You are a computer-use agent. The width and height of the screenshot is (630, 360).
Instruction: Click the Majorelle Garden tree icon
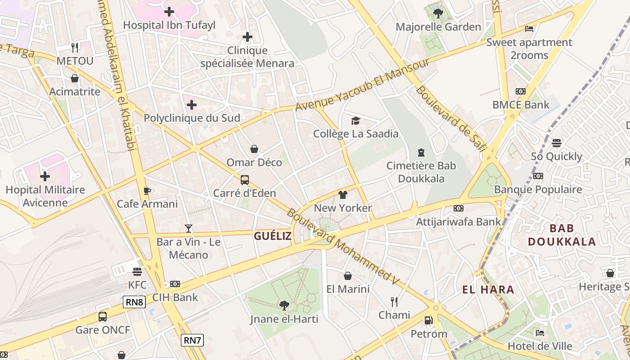(x=438, y=13)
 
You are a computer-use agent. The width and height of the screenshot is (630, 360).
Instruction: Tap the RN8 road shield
(x=134, y=302)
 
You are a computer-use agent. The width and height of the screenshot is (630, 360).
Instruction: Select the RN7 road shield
(x=193, y=340)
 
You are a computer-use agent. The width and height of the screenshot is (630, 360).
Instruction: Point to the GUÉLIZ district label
(x=273, y=236)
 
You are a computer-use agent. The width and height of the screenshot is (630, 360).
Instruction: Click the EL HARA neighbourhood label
(x=488, y=289)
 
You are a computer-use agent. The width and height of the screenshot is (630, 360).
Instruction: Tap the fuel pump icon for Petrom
(x=428, y=320)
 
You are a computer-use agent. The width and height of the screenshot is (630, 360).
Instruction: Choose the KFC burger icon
(x=137, y=271)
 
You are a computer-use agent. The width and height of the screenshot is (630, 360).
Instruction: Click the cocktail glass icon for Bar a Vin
(x=188, y=229)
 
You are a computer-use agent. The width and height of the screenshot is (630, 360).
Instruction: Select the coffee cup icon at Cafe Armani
(x=147, y=191)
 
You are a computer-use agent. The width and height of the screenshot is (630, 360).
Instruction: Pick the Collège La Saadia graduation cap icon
(x=355, y=121)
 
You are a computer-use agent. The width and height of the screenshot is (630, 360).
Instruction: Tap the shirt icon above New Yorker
(x=343, y=195)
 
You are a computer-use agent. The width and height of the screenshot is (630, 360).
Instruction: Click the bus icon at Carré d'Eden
(x=245, y=180)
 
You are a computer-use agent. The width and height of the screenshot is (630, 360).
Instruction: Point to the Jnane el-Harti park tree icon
(x=284, y=306)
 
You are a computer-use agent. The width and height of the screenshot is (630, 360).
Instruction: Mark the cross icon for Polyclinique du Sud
(x=192, y=105)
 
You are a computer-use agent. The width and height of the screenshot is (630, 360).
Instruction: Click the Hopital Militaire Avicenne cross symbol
(x=45, y=176)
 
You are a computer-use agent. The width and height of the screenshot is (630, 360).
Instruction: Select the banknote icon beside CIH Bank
(x=175, y=284)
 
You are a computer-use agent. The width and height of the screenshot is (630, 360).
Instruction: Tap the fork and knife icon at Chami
(x=394, y=301)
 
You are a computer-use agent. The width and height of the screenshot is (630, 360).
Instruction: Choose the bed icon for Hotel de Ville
(x=540, y=333)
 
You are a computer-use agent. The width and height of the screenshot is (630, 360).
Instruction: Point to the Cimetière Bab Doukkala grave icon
(x=421, y=153)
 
